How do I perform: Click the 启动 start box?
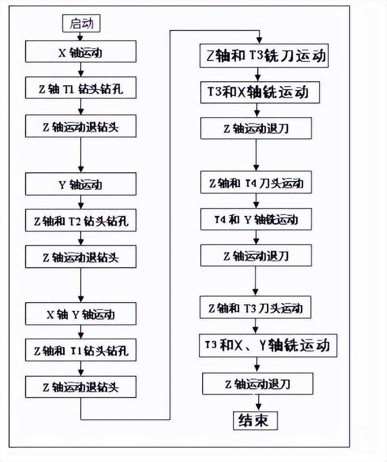pyautogui.click(x=81, y=23)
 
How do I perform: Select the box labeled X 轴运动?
pyautogui.click(x=80, y=52)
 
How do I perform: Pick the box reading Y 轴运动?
pyautogui.click(x=80, y=185)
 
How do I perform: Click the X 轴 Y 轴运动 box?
pyautogui.click(x=80, y=314)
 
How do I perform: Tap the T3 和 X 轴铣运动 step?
pyautogui.click(x=260, y=92)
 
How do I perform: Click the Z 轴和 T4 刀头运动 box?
pyautogui.click(x=256, y=184)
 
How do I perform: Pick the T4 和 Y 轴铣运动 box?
pyautogui.click(x=256, y=219)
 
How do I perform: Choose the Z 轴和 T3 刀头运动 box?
pyautogui.click(x=256, y=308)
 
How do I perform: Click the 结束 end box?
pyautogui.click(x=256, y=420)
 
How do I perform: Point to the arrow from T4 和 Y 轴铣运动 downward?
pyautogui.click(x=257, y=237)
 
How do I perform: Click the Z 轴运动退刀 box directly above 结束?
pyautogui.click(x=257, y=385)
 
